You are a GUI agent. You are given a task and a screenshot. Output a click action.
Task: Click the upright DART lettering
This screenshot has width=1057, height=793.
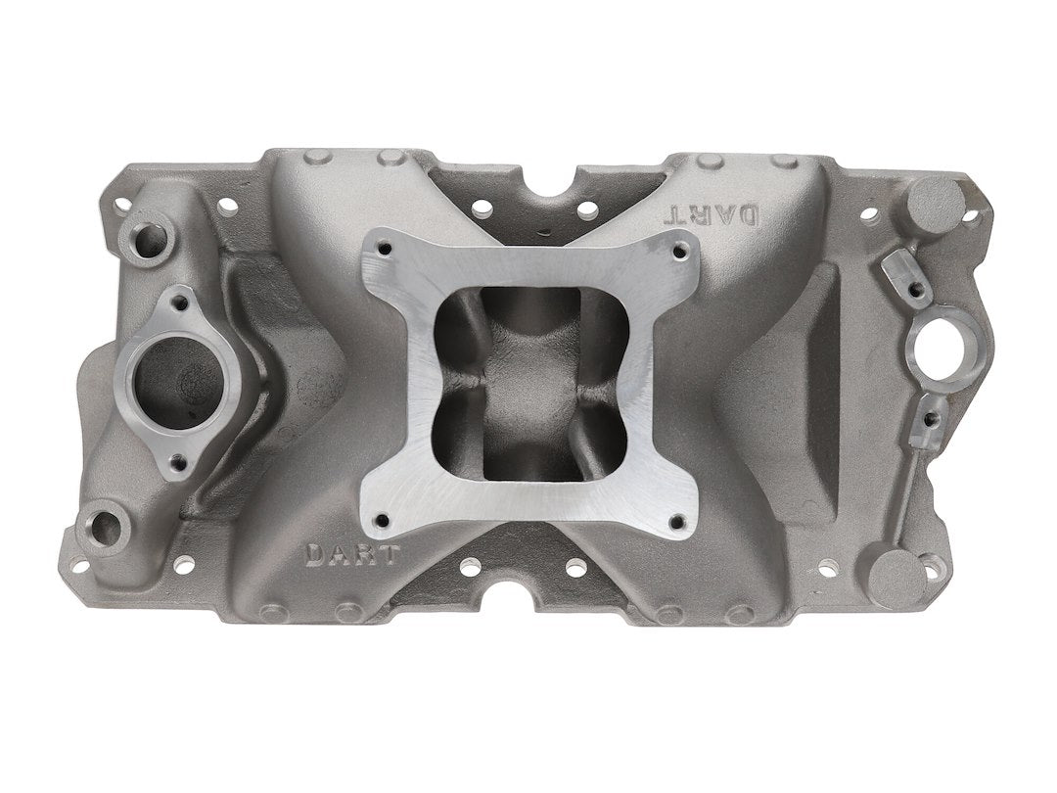(x=353, y=554)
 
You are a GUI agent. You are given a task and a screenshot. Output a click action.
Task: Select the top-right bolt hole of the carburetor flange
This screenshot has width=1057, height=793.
(x=679, y=253)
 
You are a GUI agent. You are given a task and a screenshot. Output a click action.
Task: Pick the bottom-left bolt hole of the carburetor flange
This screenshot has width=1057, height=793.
(x=383, y=520)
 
